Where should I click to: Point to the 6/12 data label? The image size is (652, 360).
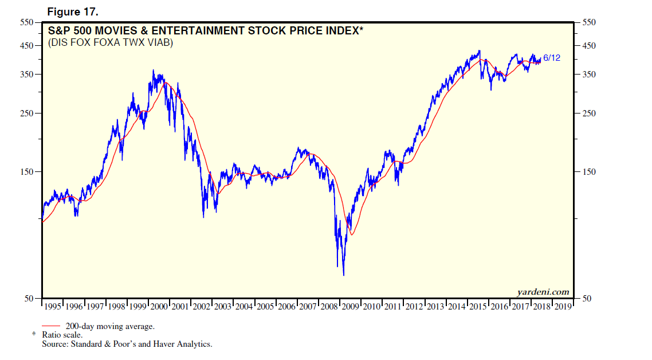(x=552, y=58)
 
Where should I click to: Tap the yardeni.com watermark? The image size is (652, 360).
(x=543, y=292)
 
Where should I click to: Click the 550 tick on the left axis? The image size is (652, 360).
(x=27, y=22)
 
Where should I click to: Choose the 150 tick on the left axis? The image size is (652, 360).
(x=27, y=172)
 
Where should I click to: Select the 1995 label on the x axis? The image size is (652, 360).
(x=53, y=307)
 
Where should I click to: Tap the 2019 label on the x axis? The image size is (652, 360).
(x=563, y=307)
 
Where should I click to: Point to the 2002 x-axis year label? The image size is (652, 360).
(x=201, y=307)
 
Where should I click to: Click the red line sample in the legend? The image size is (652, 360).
(x=52, y=326)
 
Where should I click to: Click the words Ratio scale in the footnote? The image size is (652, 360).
(x=62, y=335)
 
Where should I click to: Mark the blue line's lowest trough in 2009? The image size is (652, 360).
(x=343, y=275)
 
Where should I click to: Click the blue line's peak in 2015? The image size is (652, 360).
(x=479, y=51)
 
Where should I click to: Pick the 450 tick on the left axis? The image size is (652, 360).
(x=27, y=46)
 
